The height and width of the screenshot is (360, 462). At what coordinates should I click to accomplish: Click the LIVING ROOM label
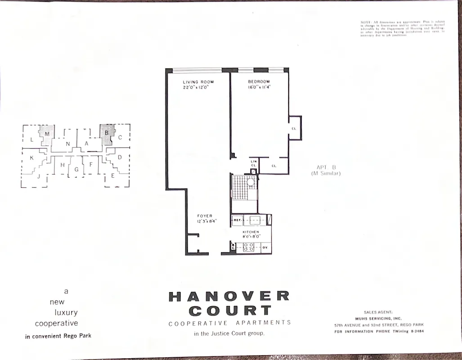click(198, 82)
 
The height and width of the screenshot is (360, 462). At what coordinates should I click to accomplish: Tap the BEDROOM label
click(258, 82)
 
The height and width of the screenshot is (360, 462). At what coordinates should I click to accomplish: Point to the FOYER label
click(205, 216)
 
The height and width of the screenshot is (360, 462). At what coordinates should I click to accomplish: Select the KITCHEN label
click(251, 232)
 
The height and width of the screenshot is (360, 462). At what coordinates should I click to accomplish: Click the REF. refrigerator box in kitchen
click(238, 220)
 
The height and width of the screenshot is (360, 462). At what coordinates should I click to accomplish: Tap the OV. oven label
click(265, 247)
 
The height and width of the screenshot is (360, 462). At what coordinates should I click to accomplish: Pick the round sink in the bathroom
click(250, 183)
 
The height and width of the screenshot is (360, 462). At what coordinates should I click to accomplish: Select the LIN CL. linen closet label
click(253, 163)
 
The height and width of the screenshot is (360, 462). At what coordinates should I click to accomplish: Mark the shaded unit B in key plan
click(107, 133)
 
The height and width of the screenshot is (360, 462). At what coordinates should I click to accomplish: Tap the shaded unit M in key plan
click(46, 133)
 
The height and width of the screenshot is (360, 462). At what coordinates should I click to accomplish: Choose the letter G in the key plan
click(76, 169)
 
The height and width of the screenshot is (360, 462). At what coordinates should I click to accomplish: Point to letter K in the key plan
click(31, 158)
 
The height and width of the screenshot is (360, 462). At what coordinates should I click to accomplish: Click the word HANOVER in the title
click(229, 296)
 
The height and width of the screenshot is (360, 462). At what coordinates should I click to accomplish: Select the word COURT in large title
click(230, 310)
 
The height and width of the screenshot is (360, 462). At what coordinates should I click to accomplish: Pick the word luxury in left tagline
click(66, 312)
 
